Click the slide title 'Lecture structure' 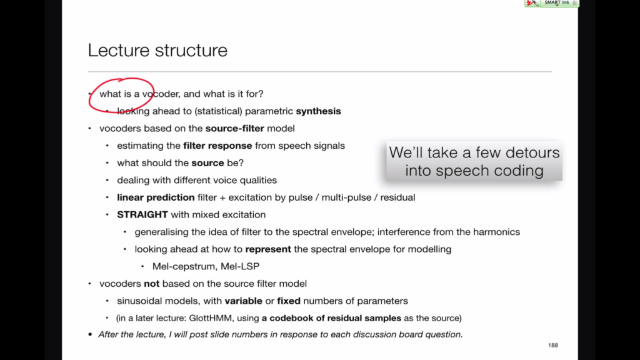click(x=157, y=50)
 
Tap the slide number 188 click(x=553, y=345)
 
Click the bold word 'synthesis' click(x=318, y=111)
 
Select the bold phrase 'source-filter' click(x=235, y=128)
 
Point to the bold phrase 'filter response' click(x=217, y=146)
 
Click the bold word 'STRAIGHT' click(x=142, y=215)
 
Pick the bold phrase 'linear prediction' click(x=156, y=197)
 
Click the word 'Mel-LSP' click(x=240, y=266)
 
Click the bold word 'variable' click(x=243, y=301)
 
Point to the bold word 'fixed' click(x=289, y=301)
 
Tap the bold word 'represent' click(x=268, y=249)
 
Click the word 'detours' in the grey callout click(x=532, y=152)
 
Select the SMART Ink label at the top click(x=557, y=2)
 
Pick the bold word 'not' click(x=151, y=284)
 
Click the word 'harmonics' click(x=496, y=232)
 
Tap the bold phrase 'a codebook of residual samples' click(x=331, y=318)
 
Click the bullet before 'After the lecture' click(x=90, y=335)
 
